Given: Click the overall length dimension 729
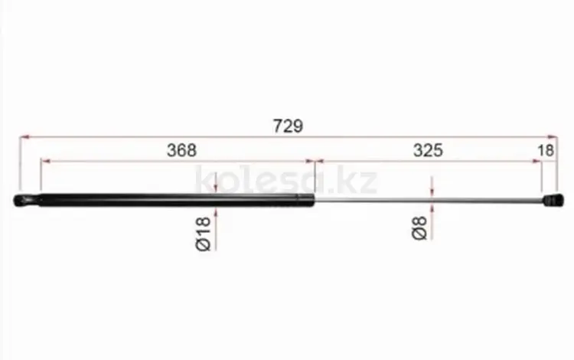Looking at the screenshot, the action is [288, 126].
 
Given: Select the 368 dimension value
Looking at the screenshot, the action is [181, 151].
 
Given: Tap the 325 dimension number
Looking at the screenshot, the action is [428, 151].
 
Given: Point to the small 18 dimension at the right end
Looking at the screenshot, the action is [546, 151].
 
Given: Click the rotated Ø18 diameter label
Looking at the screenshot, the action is [204, 234].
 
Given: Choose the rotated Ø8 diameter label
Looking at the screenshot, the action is [419, 227].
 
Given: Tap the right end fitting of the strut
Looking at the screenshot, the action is [553, 201].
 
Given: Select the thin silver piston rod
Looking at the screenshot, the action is [429, 201].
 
